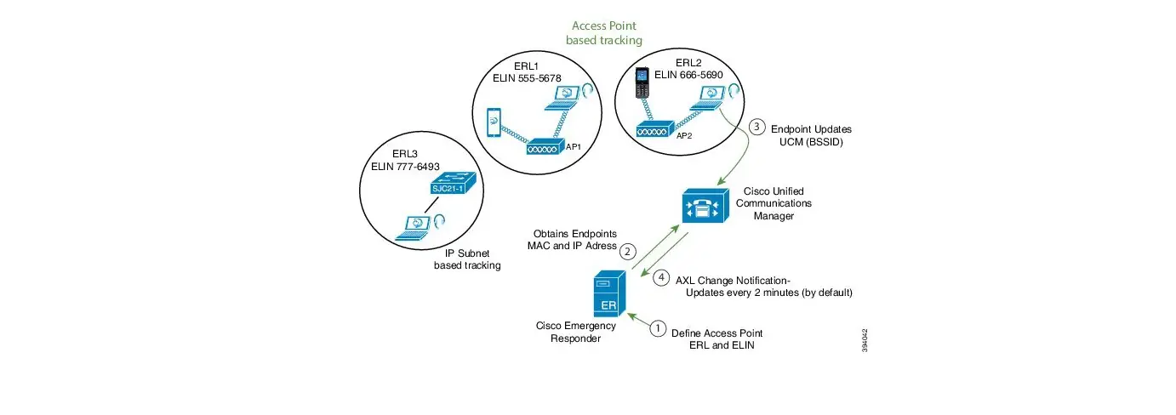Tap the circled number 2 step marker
pos(627,251)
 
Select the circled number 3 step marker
pos(757,128)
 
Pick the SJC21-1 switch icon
pos(449,186)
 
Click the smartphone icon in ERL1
pos(495,124)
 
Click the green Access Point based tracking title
pos(605,33)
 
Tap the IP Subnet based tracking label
pos(467,259)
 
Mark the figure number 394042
pos(865,342)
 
